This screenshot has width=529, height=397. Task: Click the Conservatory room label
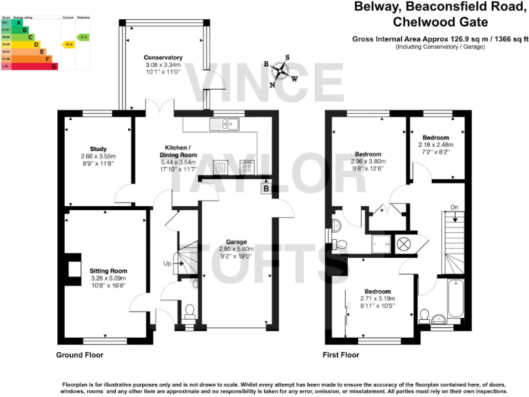(163, 57)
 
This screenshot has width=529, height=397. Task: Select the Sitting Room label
(108, 271)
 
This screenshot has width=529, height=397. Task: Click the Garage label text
(236, 241)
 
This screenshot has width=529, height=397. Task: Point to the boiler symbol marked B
(265, 189)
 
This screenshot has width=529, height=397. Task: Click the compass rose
(280, 70)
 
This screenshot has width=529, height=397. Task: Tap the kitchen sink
(225, 124)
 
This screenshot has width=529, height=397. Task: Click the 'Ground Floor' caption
(80, 356)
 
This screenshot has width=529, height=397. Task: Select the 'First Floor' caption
(341, 356)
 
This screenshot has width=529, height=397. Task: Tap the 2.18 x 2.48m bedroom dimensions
(435, 145)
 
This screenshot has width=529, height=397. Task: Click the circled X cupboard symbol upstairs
(403, 243)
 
